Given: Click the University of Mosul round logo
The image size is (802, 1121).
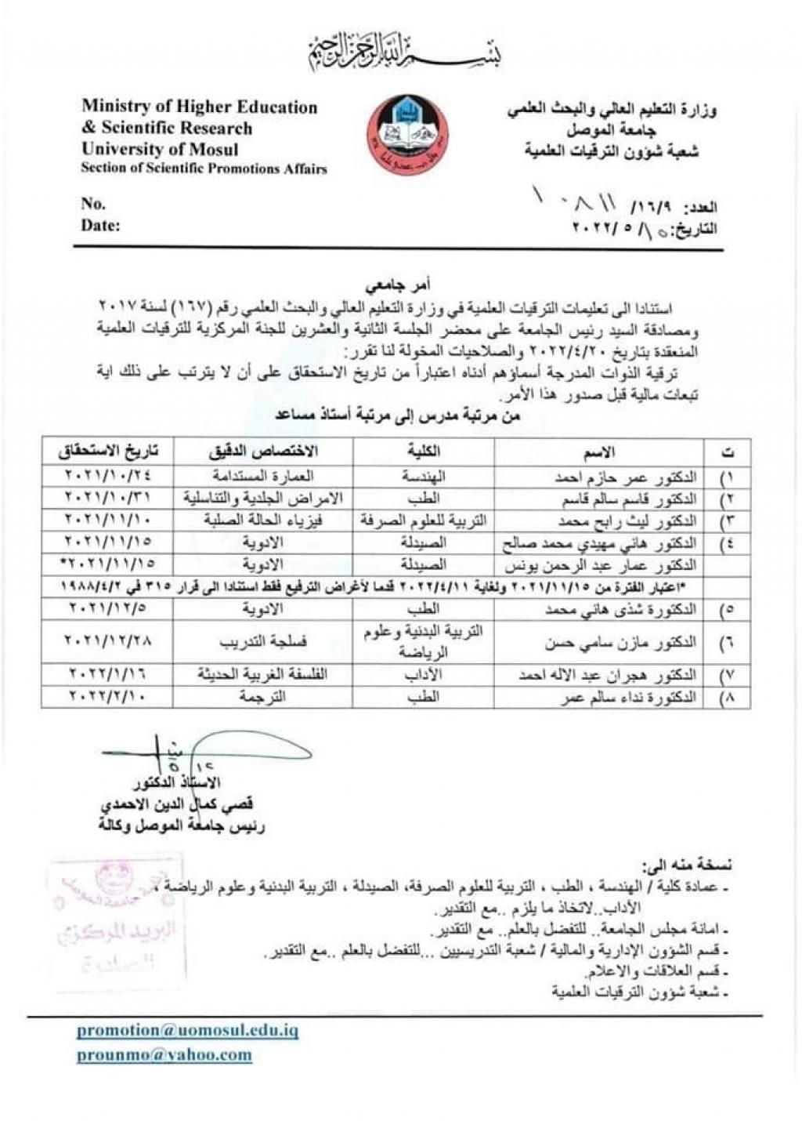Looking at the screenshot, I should point(408,134).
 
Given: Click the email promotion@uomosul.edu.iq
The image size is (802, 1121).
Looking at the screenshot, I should point(187,1030).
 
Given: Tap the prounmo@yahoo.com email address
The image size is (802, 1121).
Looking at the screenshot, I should point(164,1054).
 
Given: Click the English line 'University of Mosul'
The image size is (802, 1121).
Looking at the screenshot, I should point(160,149).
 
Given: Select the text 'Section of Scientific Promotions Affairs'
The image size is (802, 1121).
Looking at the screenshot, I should point(204,169).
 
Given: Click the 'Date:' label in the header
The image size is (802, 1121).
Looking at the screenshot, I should point(100,226).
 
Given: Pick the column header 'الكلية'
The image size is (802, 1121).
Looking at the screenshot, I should point(424,451).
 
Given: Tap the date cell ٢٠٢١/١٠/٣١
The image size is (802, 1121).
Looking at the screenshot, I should point(109,498).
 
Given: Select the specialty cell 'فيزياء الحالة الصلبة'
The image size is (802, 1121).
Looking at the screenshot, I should point(263,520).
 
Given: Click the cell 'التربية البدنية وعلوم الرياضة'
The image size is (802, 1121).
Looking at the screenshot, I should point(424,642).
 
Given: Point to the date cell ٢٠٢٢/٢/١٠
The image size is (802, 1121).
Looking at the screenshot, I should point(109,696).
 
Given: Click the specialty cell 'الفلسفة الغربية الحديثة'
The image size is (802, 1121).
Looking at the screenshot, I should point(263,674).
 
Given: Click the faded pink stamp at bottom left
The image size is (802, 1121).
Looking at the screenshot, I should point(118,916).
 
